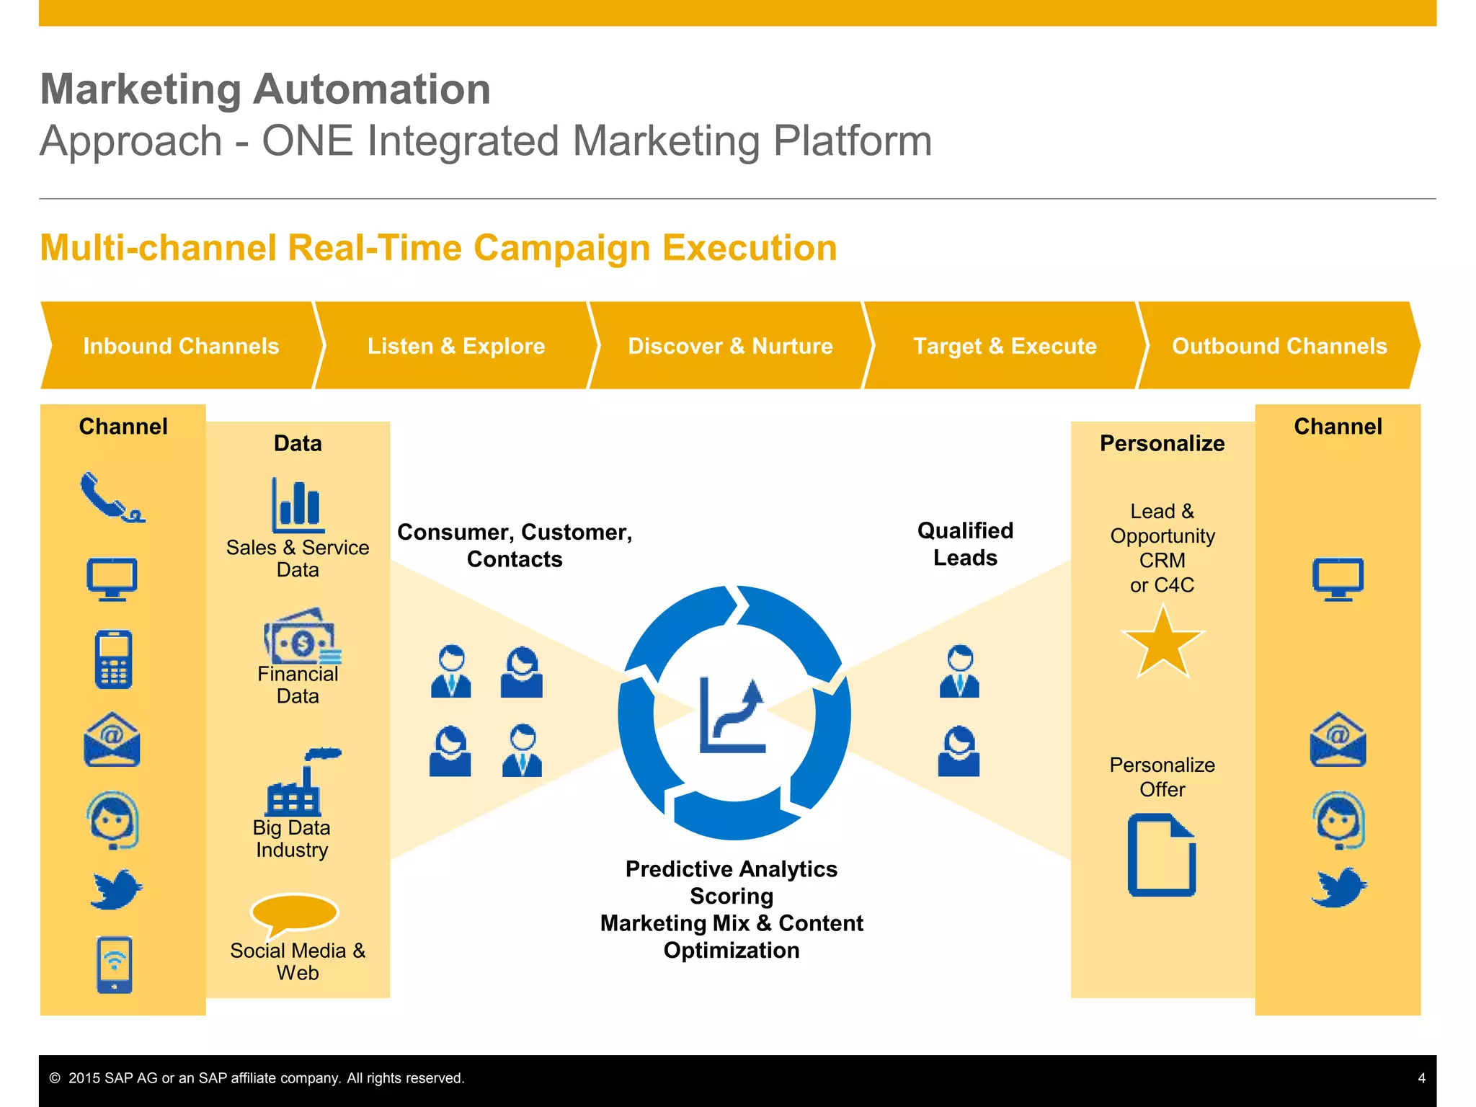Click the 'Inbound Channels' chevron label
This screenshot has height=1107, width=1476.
point(181,346)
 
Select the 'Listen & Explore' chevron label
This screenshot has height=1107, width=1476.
point(456,346)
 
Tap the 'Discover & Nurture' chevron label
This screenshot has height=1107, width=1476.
point(730,346)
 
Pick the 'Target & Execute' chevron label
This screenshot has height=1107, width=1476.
point(1005,346)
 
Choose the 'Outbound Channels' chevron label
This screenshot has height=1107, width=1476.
point(1279,346)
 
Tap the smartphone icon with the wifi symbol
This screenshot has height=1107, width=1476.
point(115,964)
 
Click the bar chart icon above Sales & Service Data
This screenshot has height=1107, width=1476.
point(298,504)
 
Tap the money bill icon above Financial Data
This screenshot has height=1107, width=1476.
point(301,637)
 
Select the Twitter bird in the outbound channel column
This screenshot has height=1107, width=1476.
point(1338,886)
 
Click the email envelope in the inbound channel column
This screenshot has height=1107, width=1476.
point(112,739)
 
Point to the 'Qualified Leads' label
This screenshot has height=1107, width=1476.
point(965,544)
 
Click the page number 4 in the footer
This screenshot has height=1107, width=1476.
point(1421,1078)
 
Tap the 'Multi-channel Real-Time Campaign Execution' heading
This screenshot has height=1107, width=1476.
point(438,248)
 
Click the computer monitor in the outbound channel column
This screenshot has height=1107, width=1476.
point(1338,579)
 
